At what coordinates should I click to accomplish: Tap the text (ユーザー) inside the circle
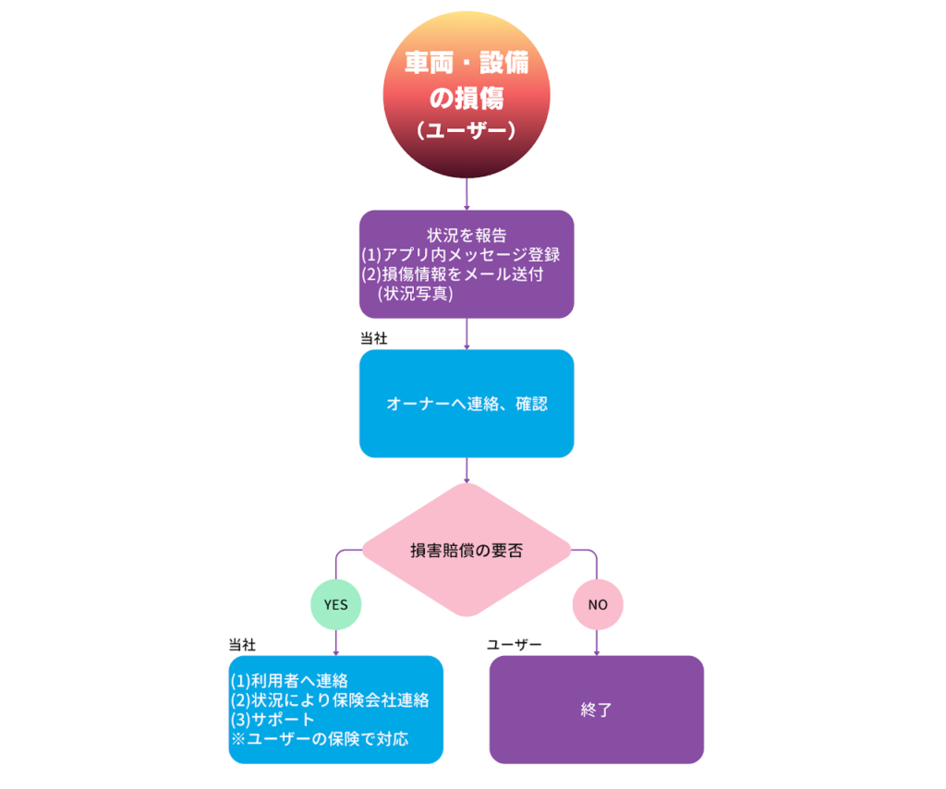467,131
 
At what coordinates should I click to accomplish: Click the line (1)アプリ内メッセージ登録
461,254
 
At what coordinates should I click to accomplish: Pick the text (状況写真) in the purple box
415,294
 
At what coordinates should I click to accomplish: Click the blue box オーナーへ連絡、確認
467,404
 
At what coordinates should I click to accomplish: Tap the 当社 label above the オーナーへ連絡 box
373,338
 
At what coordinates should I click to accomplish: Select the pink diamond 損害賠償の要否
467,551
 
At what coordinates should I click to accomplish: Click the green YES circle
335,605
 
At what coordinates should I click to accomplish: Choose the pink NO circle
598,605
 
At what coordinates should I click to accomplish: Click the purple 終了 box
597,710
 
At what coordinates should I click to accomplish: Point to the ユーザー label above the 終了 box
515,643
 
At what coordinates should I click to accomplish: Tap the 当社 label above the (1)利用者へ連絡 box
242,643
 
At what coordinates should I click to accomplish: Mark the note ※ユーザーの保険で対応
320,739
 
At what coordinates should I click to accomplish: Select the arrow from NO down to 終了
598,642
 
